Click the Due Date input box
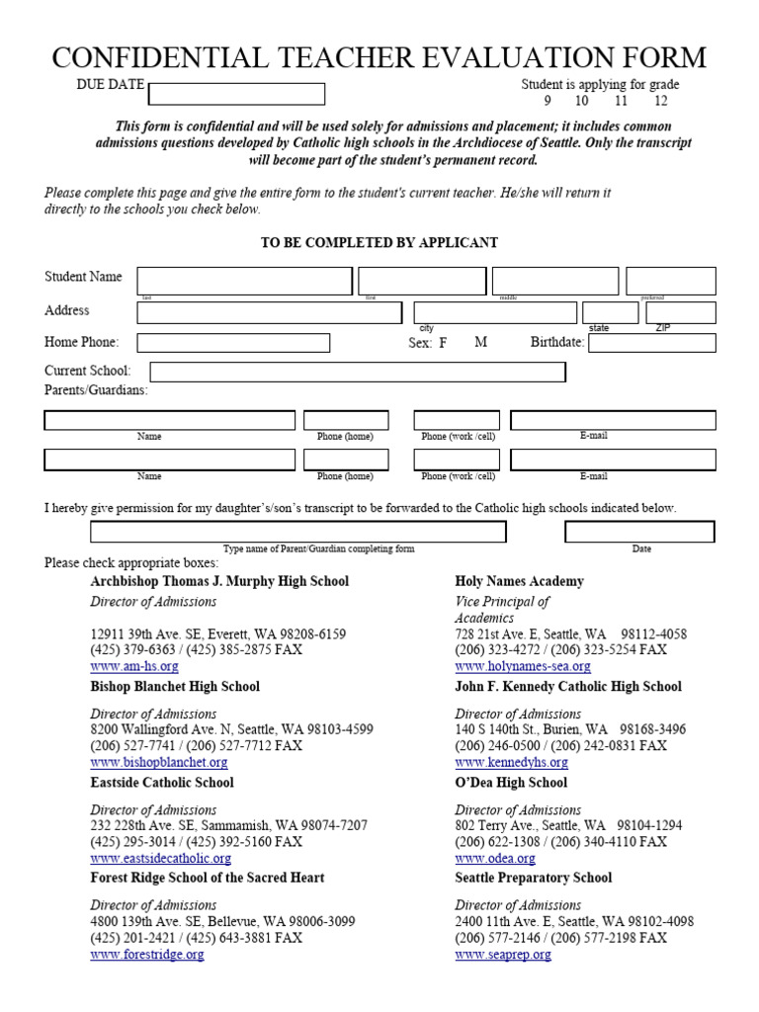tap(236, 94)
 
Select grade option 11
tap(621, 101)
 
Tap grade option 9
tap(547, 101)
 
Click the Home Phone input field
tap(233, 343)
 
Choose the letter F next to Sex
tap(444, 343)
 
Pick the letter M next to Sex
tap(481, 342)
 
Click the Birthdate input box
tap(651, 343)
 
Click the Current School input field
tap(358, 372)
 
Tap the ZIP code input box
tap(680, 312)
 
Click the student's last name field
tap(244, 281)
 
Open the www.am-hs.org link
tap(134, 667)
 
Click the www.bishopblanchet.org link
tap(159, 763)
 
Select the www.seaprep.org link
tap(503, 955)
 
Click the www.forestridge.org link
tap(147, 955)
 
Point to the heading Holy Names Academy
tap(519, 581)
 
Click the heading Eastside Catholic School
tap(162, 783)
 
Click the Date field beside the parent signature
tap(639, 532)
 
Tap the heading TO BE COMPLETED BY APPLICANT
tap(379, 243)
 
